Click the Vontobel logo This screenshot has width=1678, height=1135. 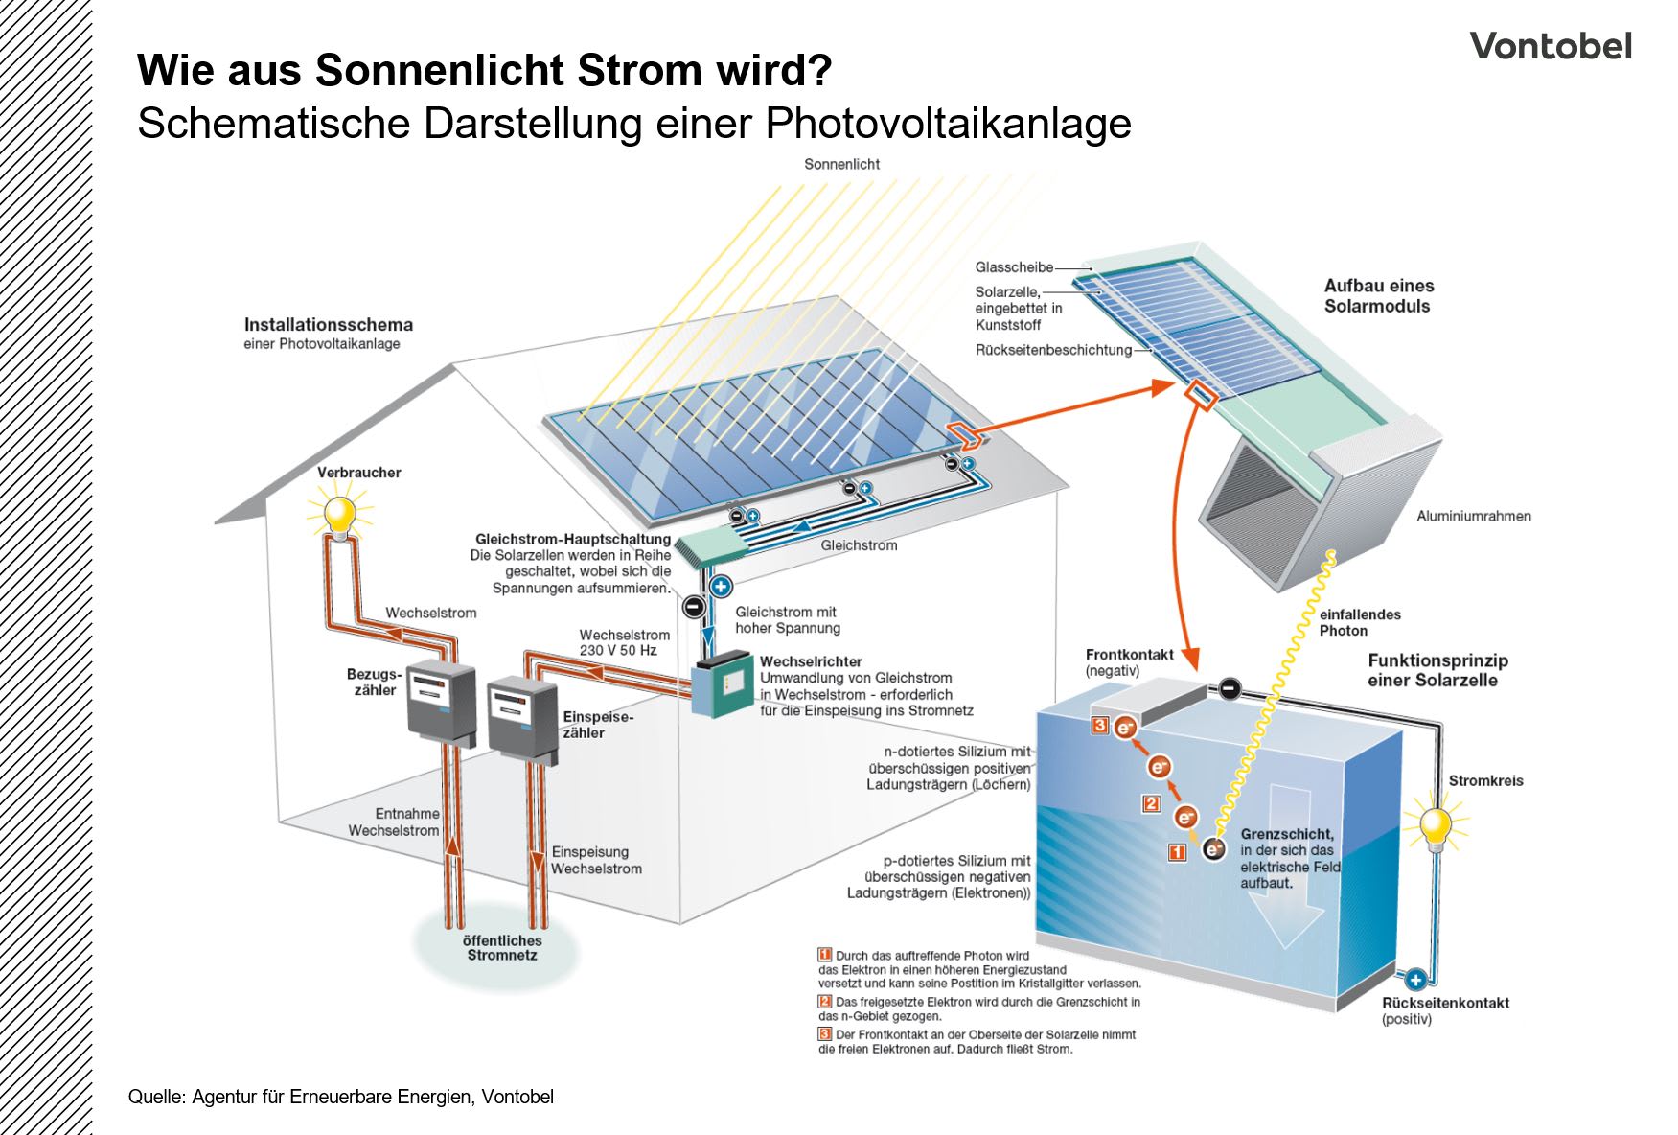(x=1550, y=46)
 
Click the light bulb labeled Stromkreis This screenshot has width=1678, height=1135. (x=1435, y=827)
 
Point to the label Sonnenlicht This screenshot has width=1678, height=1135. (x=841, y=164)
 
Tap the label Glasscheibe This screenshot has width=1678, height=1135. (x=1014, y=267)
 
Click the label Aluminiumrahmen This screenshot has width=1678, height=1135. (x=1473, y=516)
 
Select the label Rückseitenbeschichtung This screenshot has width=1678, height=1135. (x=1053, y=350)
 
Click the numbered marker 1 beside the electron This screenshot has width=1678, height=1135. (x=1177, y=851)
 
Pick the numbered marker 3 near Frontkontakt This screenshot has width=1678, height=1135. (x=1100, y=726)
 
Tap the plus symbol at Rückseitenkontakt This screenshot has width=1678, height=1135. (x=1414, y=979)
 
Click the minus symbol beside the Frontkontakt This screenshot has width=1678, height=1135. (x=1230, y=688)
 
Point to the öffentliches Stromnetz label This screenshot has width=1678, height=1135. (x=501, y=947)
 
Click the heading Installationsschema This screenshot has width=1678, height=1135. (x=328, y=325)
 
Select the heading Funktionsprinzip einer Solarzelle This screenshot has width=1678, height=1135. (x=1437, y=670)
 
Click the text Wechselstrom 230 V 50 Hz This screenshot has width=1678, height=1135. (x=623, y=642)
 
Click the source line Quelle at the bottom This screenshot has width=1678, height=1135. (x=340, y=1096)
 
